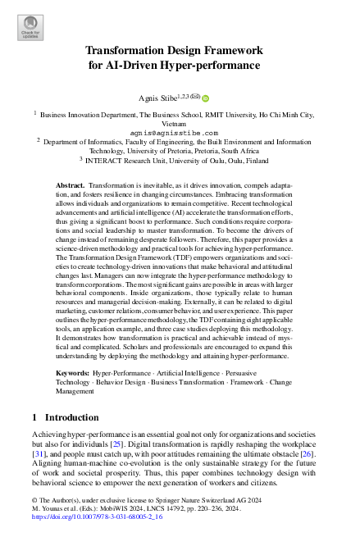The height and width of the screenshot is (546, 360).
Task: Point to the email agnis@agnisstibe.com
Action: [174, 132]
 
